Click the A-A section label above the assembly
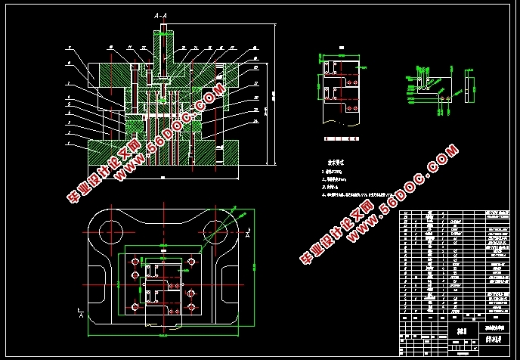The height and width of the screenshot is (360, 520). [161, 15]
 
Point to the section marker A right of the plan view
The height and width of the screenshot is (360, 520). [249, 231]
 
